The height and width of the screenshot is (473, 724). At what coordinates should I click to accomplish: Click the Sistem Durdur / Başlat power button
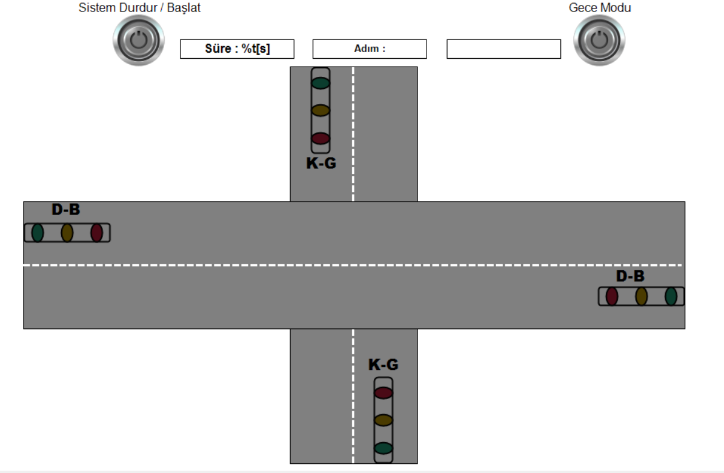point(139,40)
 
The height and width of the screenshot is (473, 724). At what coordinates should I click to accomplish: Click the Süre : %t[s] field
point(237,49)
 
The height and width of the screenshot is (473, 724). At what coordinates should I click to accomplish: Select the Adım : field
point(370,49)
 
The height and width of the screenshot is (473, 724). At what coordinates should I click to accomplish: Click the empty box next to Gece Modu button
point(503,49)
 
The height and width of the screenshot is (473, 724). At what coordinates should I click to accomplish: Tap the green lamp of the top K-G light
point(320,83)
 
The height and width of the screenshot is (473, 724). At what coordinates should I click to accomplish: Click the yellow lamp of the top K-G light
point(320,110)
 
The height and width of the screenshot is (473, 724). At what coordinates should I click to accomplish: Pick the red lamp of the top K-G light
point(320,138)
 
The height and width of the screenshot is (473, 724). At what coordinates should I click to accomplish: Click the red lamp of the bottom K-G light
point(384,392)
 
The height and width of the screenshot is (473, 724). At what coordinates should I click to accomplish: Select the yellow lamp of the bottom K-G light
point(384,420)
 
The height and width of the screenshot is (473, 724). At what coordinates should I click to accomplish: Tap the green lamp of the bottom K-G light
point(384,449)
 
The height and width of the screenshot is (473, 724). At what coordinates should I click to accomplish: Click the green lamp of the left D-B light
point(38,233)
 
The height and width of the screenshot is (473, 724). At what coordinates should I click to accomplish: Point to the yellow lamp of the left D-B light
point(67,233)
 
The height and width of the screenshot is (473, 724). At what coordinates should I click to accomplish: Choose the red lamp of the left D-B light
point(96,233)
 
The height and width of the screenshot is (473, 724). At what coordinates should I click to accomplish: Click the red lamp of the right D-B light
point(612,296)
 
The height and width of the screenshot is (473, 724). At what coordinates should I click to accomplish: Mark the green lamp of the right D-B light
point(671,296)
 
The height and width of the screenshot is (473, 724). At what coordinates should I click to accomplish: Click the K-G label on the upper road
point(321,163)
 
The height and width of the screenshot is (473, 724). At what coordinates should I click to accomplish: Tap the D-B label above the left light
point(65,210)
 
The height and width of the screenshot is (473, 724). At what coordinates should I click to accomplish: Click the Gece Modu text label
point(599,8)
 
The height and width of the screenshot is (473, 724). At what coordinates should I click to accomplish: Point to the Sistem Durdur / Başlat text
point(139,8)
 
